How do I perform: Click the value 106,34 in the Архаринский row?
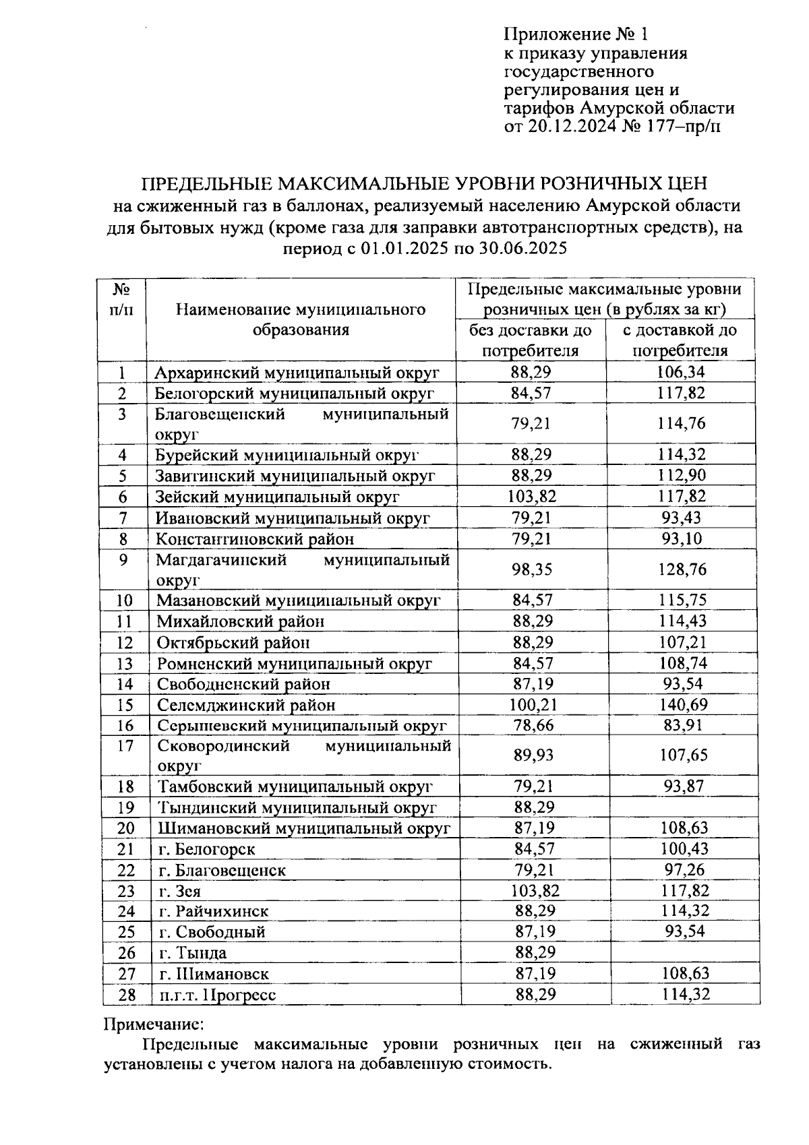(681, 372)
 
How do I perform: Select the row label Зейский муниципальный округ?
(278, 497)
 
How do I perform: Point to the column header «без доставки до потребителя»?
(530, 340)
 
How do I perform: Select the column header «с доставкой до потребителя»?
(680, 340)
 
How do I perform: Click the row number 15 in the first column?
(125, 705)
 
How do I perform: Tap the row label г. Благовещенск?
(222, 870)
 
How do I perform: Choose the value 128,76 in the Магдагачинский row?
(682, 569)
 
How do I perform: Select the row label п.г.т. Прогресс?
(217, 995)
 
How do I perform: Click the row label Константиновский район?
(255, 539)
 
